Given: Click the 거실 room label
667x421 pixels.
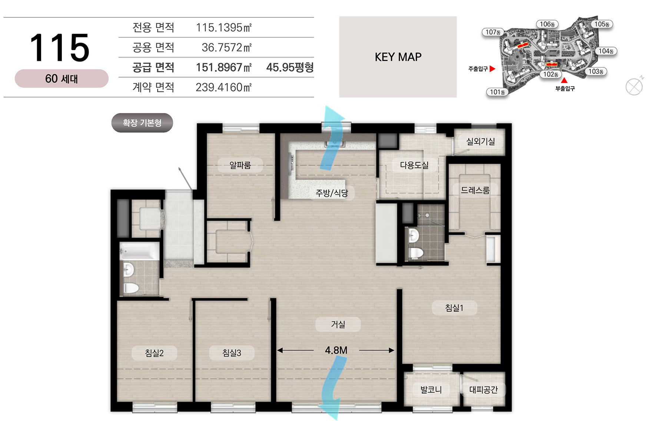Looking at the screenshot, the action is (x=338, y=325).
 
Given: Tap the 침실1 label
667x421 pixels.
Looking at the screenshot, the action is (x=454, y=308).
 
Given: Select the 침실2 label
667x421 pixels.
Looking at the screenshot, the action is (x=154, y=353).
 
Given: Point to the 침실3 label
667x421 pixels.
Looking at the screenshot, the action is (x=232, y=353).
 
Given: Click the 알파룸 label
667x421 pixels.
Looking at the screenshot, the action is (x=240, y=165).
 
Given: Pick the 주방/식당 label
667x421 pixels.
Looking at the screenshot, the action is (x=332, y=193).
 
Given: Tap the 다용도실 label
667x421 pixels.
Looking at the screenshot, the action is (x=414, y=165).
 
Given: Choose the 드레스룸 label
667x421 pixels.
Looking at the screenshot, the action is (x=475, y=190).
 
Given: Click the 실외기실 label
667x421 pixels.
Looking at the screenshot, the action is (x=480, y=142).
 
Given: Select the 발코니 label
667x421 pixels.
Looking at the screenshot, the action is (x=431, y=390).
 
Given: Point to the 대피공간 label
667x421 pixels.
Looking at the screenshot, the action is (x=484, y=390).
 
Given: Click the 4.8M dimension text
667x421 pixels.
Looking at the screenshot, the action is (x=336, y=350).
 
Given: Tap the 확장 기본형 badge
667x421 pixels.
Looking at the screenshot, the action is (x=142, y=123).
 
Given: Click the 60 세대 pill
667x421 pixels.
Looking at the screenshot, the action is (x=62, y=79).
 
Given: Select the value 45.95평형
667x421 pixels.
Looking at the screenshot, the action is (x=290, y=67).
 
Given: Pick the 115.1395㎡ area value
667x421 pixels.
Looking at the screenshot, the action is (x=224, y=27).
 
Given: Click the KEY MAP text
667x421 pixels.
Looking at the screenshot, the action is (x=398, y=57).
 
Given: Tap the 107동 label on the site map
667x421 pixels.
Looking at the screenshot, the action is (x=493, y=32).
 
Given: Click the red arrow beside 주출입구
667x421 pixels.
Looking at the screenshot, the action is (x=492, y=69).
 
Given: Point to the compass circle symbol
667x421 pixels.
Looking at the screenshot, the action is (x=634, y=87).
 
